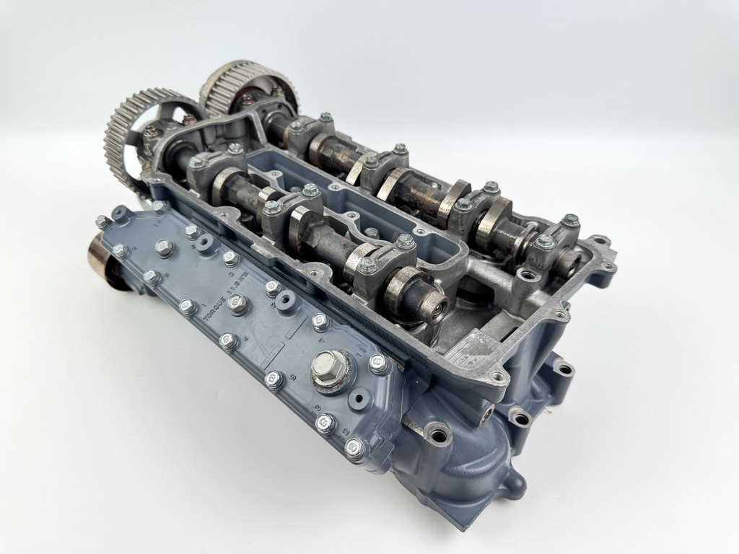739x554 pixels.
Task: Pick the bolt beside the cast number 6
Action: [274, 288]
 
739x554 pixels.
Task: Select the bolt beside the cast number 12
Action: [325, 423]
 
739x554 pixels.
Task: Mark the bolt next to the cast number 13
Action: [354, 449]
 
